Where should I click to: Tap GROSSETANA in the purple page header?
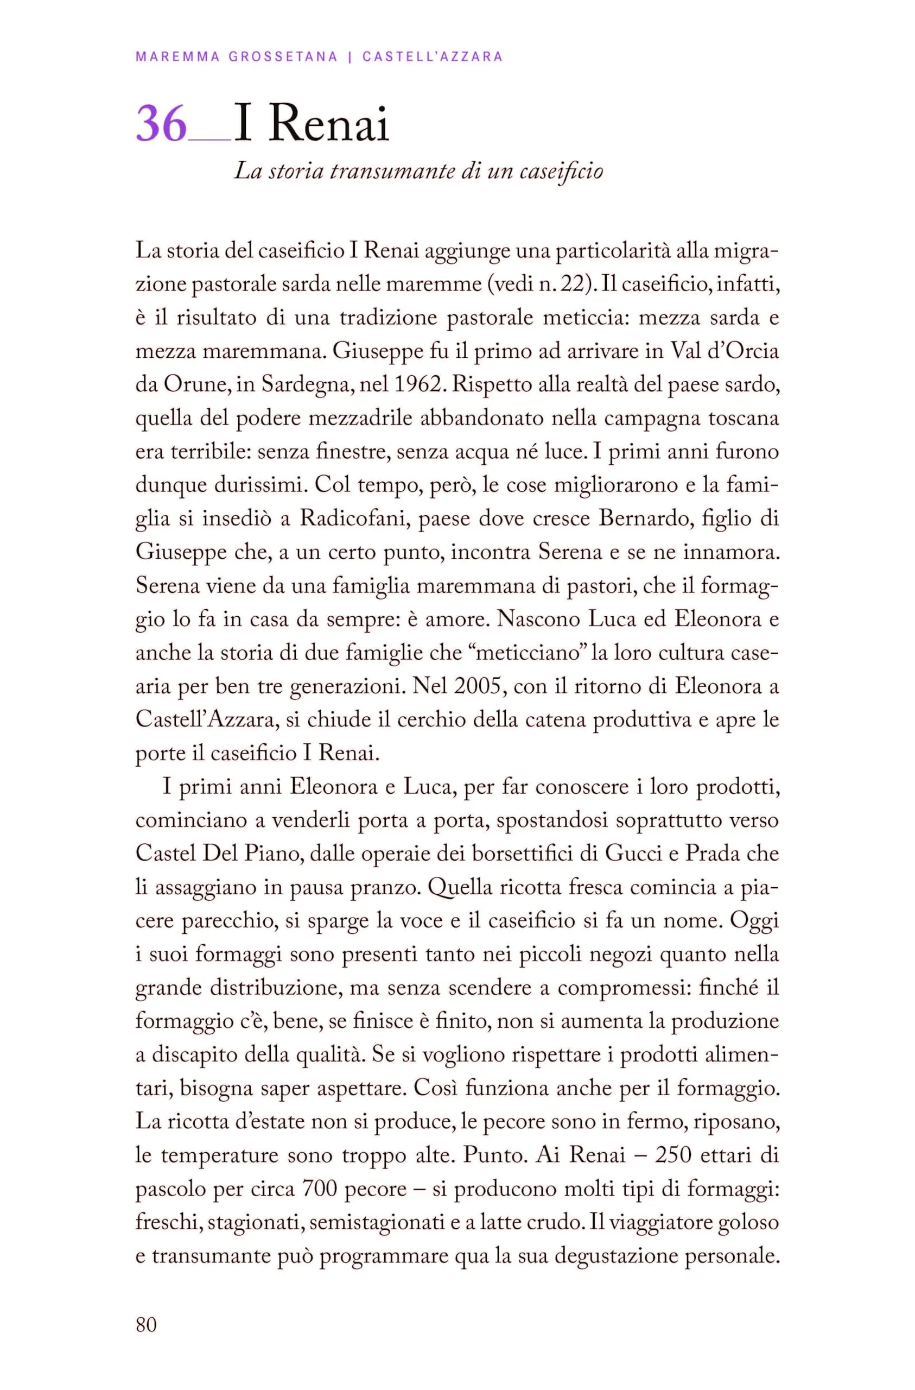click(x=283, y=56)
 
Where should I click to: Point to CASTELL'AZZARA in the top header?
click(x=433, y=56)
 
